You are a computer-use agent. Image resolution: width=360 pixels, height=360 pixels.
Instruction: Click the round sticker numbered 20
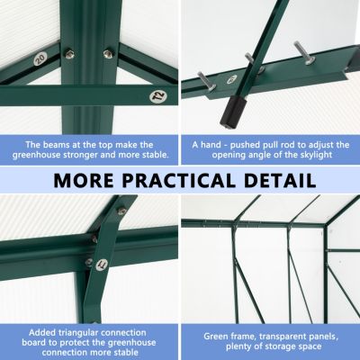40,58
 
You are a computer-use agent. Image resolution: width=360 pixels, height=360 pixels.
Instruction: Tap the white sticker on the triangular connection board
102,265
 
